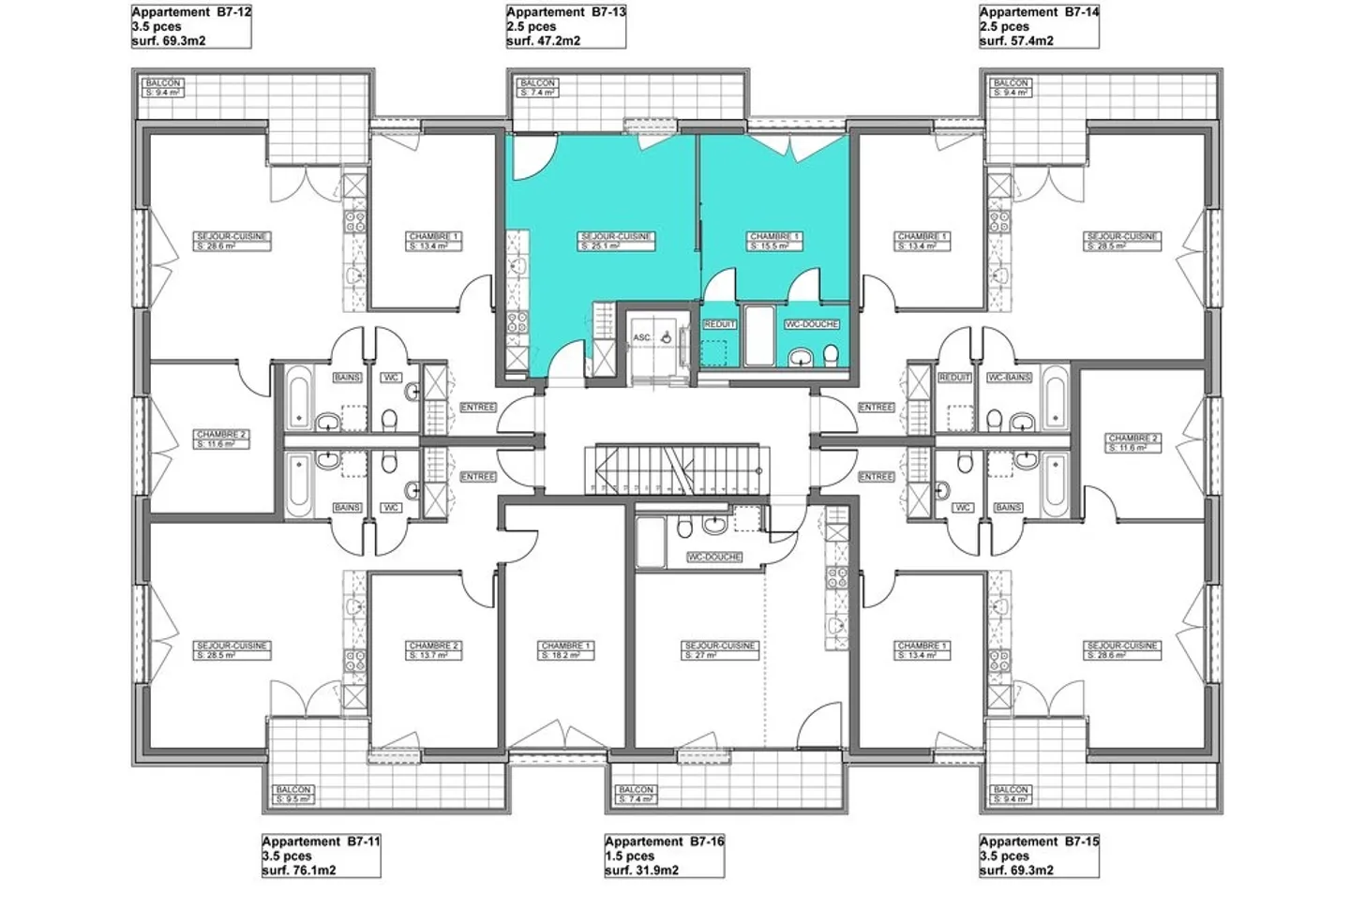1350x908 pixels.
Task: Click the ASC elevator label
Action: [x=641, y=337]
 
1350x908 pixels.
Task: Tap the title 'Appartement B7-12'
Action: [x=191, y=12]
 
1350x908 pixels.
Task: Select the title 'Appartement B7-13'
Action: [x=566, y=12]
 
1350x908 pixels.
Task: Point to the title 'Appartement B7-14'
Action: [x=1039, y=12]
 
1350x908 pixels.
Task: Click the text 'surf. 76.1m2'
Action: [x=299, y=871]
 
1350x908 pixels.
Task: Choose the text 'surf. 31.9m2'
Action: [x=642, y=871]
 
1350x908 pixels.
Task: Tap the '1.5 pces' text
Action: [x=630, y=856]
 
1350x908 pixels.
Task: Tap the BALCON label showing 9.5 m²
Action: [x=293, y=795]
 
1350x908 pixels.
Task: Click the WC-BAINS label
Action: [x=1009, y=378]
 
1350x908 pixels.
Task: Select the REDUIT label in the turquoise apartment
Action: [x=719, y=324]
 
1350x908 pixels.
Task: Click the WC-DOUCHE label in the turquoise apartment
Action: [x=812, y=324]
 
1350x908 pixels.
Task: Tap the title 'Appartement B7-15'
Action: [x=1039, y=841]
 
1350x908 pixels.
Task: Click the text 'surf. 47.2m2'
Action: [x=544, y=41]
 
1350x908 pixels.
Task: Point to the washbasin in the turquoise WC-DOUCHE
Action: [x=801, y=356]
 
